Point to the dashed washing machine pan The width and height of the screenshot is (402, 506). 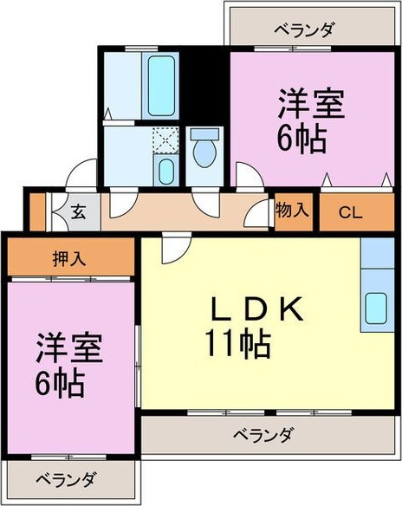165,139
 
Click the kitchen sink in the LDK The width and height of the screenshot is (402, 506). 378,308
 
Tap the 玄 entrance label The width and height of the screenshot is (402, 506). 77,211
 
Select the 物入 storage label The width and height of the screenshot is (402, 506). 292,209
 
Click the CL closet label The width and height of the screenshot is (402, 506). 351,211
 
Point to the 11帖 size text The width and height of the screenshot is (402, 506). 237,344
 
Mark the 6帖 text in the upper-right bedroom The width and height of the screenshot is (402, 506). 302,138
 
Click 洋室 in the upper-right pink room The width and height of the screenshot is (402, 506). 310,106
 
